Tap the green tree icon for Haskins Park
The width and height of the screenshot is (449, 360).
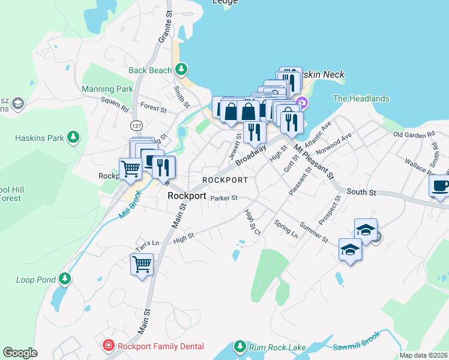(73, 137)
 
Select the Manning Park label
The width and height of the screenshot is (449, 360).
(107, 89)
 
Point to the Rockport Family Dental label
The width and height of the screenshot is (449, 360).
(160, 346)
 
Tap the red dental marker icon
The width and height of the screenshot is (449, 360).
(108, 346)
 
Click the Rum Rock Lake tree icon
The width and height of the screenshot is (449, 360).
(240, 347)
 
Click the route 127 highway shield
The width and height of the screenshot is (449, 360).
(134, 125)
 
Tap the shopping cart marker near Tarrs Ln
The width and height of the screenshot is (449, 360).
(142, 264)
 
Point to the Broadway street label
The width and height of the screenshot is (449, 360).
(250, 157)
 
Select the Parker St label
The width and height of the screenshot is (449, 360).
(224, 197)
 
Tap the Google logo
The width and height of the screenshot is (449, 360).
(20, 352)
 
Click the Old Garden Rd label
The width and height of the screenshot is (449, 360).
(413, 134)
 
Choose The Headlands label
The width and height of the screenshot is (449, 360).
(361, 98)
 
